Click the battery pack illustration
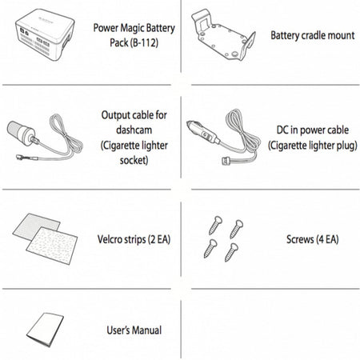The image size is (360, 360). [45, 34]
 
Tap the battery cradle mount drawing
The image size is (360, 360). [223, 35]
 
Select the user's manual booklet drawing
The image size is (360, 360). [45, 330]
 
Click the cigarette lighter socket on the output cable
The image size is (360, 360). [22, 134]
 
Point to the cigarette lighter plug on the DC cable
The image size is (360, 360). [202, 132]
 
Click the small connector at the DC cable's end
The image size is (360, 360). [226, 161]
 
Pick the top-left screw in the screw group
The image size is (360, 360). [215, 226]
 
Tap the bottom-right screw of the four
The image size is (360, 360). [231, 252]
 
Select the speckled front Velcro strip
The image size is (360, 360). [52, 246]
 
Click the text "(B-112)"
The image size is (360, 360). [145, 42]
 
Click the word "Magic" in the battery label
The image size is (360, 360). [132, 28]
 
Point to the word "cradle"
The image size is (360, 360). [313, 35]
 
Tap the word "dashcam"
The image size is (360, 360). [134, 130]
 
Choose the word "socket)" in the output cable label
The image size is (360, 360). [134, 161]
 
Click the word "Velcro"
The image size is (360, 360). [110, 239]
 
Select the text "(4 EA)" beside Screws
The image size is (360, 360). [327, 239]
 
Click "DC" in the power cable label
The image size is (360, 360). [282, 130]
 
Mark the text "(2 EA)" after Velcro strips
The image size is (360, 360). [159, 239]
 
